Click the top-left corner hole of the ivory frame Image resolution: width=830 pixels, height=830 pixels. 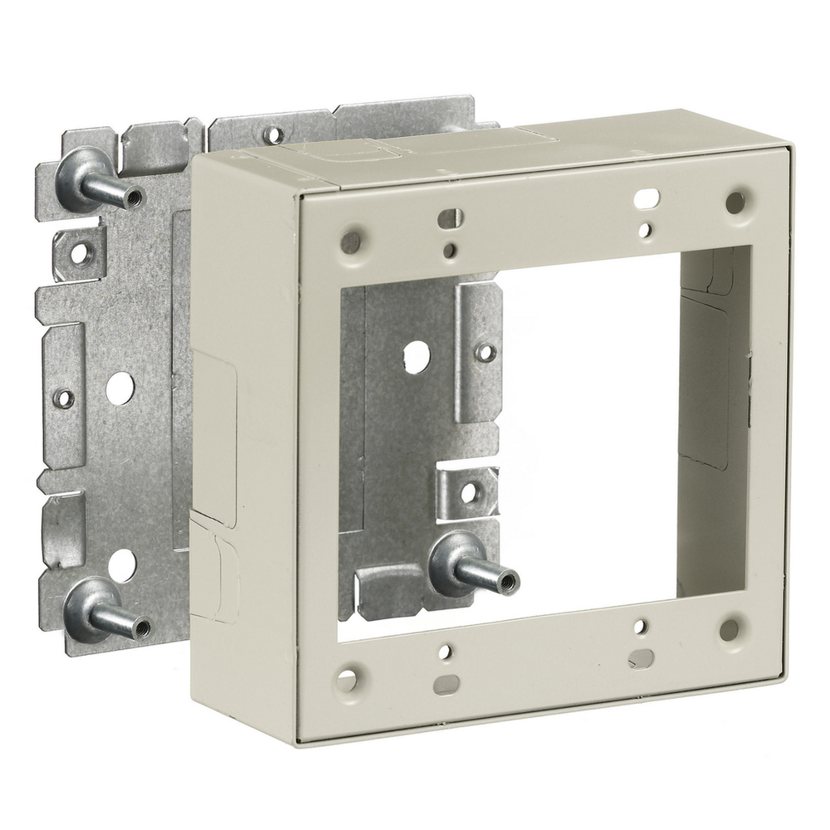click(x=351, y=242)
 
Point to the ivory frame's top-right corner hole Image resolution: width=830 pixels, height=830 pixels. click(x=735, y=202)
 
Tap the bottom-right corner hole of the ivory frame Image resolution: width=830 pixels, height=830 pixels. click(x=730, y=629)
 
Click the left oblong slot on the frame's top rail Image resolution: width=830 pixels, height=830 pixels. click(x=448, y=218)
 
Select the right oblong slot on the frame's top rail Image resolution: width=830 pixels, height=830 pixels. click(x=647, y=198)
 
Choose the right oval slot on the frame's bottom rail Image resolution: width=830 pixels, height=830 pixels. click(x=641, y=658)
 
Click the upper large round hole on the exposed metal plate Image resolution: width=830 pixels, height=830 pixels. click(x=120, y=388)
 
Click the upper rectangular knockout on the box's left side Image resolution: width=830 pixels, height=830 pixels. click(x=213, y=423)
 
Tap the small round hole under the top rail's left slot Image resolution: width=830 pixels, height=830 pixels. click(x=449, y=249)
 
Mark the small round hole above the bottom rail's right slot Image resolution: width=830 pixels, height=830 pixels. click(x=639, y=628)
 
